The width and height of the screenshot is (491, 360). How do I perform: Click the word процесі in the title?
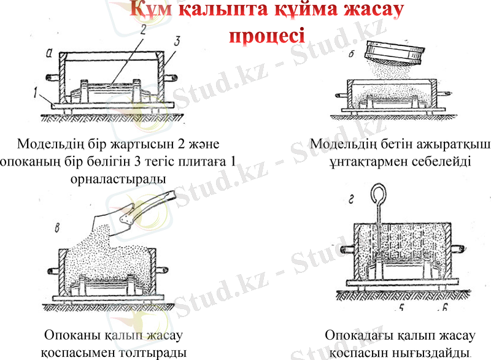(x=268, y=35)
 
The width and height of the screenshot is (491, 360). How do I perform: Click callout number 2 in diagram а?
(x=141, y=29)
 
